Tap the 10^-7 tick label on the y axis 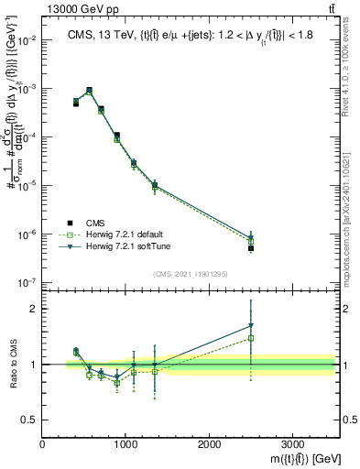point(27,282)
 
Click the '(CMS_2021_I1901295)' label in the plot point(190,274)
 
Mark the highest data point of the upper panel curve point(89,91)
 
